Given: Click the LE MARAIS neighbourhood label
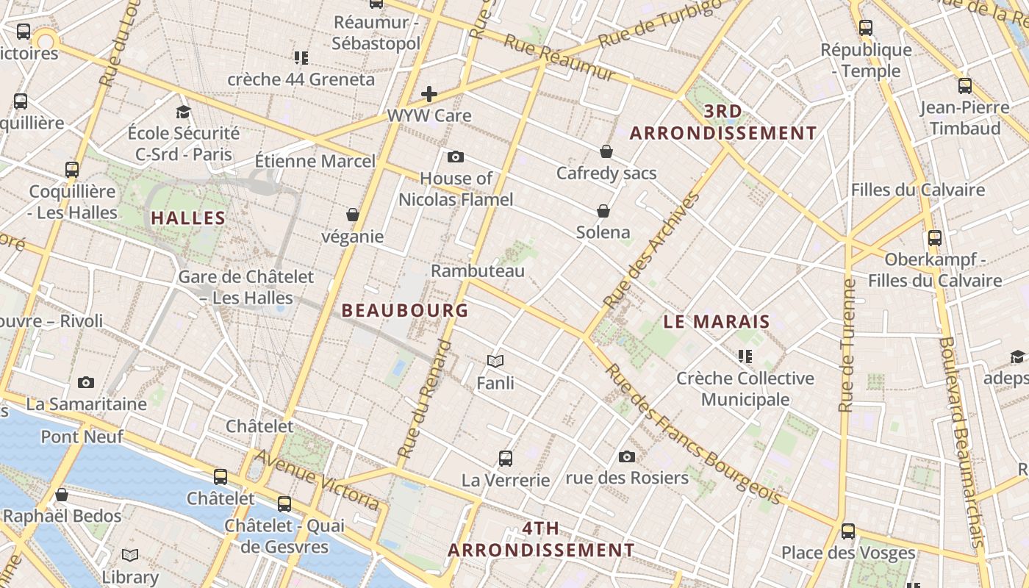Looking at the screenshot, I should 717,321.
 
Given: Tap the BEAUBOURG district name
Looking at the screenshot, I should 405,310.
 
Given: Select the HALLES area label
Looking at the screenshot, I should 188,218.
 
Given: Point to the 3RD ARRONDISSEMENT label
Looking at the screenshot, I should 723,122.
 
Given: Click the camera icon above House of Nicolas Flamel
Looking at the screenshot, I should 456,157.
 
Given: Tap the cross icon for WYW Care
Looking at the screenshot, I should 429,94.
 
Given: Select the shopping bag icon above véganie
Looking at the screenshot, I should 353,215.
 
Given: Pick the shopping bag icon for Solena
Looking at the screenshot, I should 603,211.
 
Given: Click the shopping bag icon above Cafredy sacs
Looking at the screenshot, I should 606,151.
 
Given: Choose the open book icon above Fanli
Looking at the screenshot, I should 495,361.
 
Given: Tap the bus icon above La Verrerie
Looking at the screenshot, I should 506,459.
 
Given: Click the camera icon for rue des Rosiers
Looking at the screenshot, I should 627,456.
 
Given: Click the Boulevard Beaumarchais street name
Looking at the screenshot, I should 961,441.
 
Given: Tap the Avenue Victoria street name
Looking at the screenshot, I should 318,480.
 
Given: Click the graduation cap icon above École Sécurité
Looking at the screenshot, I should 183,112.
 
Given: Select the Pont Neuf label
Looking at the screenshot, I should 82,437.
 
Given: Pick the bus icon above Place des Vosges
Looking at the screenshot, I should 848,531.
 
